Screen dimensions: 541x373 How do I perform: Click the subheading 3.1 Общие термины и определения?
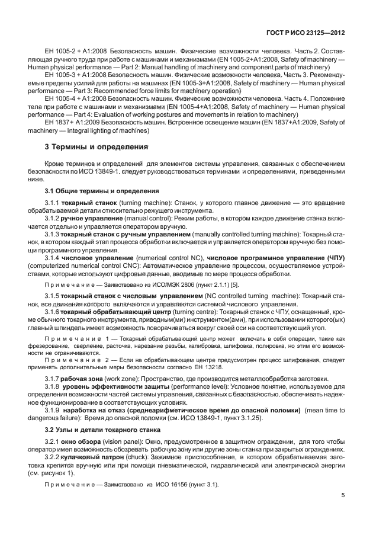102,191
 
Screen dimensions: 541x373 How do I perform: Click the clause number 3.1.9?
54,393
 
